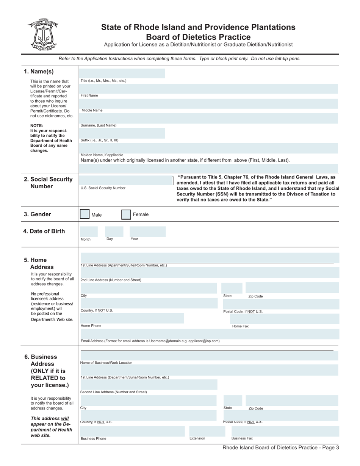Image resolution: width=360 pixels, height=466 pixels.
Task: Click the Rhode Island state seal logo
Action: pyautogui.click(x=42, y=34)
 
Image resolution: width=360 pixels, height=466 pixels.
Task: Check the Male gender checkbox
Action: pyautogui.click(x=85, y=214)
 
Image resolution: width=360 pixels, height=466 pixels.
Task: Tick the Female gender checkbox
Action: pyautogui.click(x=126, y=214)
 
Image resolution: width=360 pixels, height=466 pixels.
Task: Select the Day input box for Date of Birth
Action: pyautogui.click(x=114, y=231)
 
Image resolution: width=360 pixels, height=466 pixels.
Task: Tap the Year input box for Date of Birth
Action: pyautogui.click(x=147, y=231)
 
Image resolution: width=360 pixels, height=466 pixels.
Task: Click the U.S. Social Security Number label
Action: pyautogui.click(x=103, y=188)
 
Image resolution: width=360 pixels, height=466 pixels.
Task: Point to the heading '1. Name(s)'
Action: pyautogui.click(x=39, y=72)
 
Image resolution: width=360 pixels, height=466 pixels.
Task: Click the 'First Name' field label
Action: pyautogui.click(x=89, y=95)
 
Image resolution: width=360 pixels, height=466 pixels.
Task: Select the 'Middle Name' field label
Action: pyautogui.click(x=92, y=110)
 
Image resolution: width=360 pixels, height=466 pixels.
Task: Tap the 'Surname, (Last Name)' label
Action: pyautogui.click(x=99, y=125)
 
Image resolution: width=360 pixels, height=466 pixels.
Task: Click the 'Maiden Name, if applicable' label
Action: pyautogui.click(x=102, y=155)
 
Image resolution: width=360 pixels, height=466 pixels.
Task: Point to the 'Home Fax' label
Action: pyautogui.click(x=240, y=326)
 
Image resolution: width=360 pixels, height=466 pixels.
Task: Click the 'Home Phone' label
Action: pyautogui.click(x=91, y=326)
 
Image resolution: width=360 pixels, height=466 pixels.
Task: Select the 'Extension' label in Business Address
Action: pyautogui.click(x=197, y=438)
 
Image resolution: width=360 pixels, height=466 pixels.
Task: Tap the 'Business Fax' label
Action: pyautogui.click(x=242, y=438)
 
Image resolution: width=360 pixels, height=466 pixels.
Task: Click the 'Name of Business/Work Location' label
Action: pyautogui.click(x=106, y=363)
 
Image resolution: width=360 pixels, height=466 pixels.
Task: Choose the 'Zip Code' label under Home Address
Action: pyautogui.click(x=255, y=296)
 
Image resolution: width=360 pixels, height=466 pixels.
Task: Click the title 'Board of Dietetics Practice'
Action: pyautogui.click(x=198, y=37)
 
